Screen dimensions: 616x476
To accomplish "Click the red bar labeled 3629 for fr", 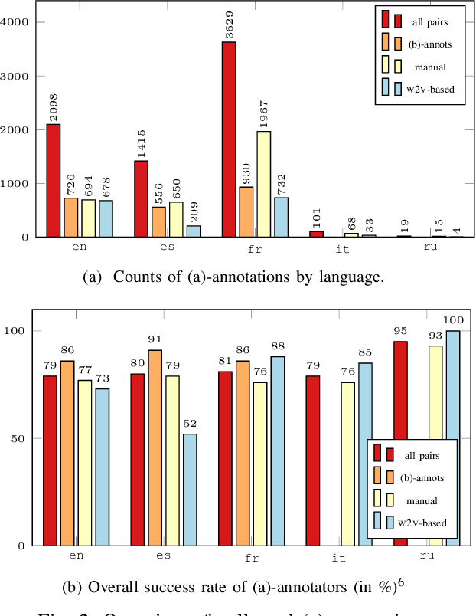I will pos(229,139).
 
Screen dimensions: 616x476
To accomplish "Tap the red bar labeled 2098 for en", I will pos(53,181).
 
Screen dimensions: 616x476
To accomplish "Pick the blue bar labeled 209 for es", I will pos(194,231).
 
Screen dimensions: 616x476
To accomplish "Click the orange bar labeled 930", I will pos(246,211).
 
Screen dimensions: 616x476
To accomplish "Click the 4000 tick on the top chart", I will pos(15,22).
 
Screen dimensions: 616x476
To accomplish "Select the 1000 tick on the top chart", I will pos(15,184).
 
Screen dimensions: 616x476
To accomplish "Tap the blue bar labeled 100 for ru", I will pos(453,438).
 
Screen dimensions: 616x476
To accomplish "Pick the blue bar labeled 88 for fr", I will pos(277,451).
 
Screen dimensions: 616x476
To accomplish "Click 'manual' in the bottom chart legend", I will pos(422,500).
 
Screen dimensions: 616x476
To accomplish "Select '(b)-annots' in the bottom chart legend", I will pos(422,477).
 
